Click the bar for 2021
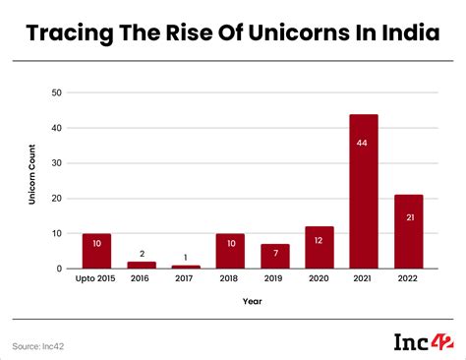point(364,192)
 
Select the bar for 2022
point(408,232)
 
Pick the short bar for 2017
point(185,267)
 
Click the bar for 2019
point(274,256)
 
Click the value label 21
point(408,217)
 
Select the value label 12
point(320,241)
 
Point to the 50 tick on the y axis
point(57,92)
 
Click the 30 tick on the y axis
point(57,163)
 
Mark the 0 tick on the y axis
point(60,269)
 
